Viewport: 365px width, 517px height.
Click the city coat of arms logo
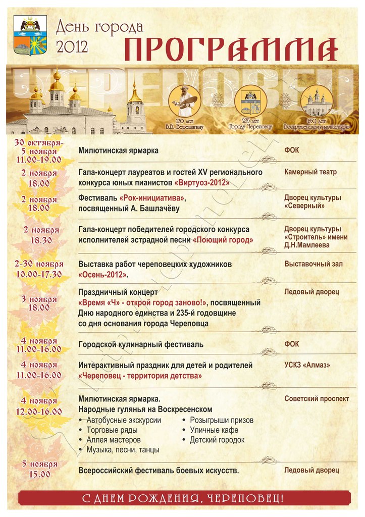pos(30,35)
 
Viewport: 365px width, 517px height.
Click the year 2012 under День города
pos(72,46)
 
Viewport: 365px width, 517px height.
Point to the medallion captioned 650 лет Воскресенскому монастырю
pos(317,101)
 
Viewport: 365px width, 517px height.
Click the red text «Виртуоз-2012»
pos(202,182)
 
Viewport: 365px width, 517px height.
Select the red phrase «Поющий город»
pos(223,240)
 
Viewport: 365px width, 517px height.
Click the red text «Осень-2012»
pos(103,275)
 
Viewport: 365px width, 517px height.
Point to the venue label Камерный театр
pos(310,172)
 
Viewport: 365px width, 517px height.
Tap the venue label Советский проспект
pos(317,399)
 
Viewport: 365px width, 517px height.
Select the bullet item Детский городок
pos(217,440)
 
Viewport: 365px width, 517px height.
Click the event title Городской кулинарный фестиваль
pos(141,344)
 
